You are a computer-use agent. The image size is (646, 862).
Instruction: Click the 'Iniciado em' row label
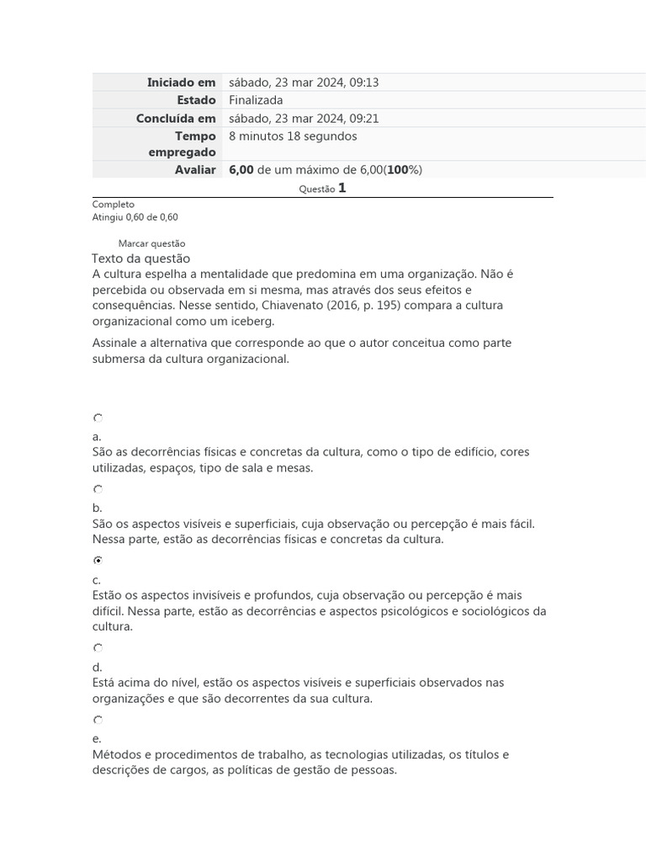coord(181,82)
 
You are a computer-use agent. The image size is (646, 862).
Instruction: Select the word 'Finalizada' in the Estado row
coord(256,100)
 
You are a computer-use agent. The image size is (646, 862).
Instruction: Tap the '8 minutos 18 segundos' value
coord(293,136)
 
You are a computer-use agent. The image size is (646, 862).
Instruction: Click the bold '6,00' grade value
coord(241,170)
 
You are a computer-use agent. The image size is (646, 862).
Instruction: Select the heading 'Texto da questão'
coord(141,258)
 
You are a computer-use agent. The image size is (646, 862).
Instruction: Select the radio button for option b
coord(98,489)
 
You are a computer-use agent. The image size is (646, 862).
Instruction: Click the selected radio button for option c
coord(98,561)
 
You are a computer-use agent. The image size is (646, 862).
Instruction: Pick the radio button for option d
coord(98,648)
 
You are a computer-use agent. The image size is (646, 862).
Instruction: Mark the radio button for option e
coord(98,720)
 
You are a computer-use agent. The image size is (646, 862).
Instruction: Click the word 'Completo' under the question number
coord(114,205)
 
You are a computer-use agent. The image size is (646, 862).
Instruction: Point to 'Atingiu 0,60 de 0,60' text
coord(135,217)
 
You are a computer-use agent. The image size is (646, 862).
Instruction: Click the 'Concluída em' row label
coord(176,118)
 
